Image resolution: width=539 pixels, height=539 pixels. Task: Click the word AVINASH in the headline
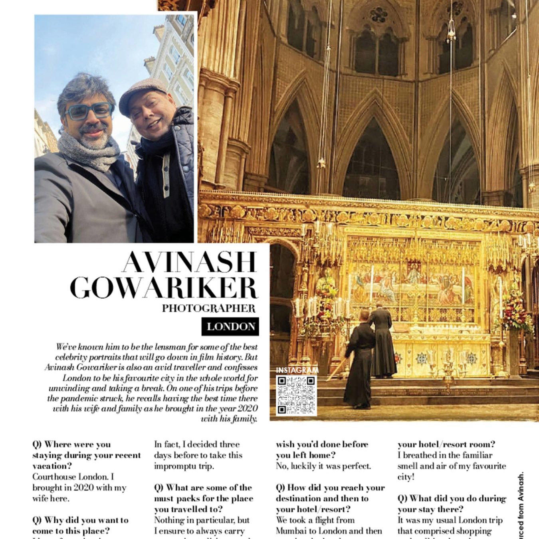point(189,262)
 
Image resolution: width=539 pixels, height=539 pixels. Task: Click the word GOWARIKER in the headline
point(164,287)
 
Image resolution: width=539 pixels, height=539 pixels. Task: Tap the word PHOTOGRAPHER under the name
point(208,308)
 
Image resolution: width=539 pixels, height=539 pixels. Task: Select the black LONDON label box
point(230,327)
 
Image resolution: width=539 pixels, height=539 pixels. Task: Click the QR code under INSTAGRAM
point(296,394)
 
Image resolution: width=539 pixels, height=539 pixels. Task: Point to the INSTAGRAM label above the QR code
point(297,371)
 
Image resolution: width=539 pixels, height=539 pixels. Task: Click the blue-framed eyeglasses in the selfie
point(89,111)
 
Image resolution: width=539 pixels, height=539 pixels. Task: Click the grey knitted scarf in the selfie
point(89,151)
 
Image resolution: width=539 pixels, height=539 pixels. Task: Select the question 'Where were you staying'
point(86,455)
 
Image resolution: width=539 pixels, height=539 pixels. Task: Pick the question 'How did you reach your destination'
point(330,498)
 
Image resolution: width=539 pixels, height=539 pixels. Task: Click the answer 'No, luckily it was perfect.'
point(323,466)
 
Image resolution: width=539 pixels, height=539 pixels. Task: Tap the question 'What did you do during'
point(451,504)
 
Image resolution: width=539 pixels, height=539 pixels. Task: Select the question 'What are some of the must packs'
point(204,498)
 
